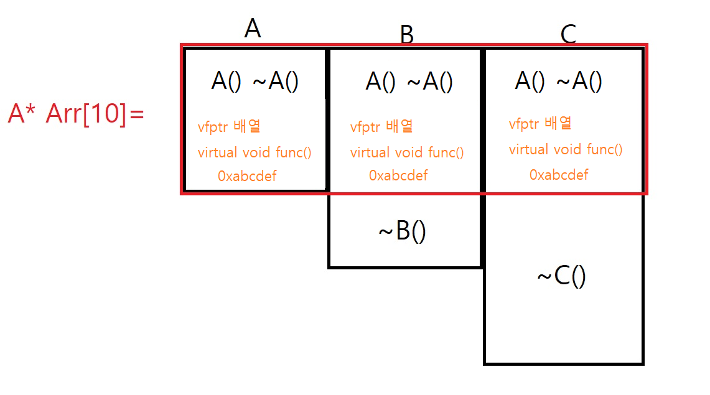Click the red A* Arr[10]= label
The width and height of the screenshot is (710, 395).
click(x=76, y=114)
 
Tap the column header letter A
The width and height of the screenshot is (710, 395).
click(x=252, y=29)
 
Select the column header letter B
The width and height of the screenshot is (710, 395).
click(x=406, y=35)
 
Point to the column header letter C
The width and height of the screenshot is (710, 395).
click(x=568, y=35)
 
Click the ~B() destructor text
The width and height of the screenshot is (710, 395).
click(x=402, y=232)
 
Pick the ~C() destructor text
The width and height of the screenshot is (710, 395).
click(x=561, y=276)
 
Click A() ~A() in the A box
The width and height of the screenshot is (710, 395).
click(x=255, y=81)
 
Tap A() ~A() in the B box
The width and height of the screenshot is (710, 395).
click(x=409, y=81)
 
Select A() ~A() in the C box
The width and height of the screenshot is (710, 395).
click(x=558, y=81)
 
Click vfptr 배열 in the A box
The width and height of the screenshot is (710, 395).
click(x=229, y=127)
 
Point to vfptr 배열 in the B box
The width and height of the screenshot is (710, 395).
click(x=381, y=127)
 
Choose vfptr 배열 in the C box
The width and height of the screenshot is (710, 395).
click(x=540, y=124)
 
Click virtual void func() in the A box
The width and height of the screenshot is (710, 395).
click(x=255, y=152)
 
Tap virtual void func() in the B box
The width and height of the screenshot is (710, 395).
click(x=407, y=152)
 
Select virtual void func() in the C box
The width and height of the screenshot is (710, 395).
click(x=566, y=149)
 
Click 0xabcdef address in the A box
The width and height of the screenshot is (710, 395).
click(x=247, y=176)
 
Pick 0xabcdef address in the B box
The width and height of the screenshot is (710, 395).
click(x=398, y=175)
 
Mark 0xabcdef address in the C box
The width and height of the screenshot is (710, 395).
click(x=559, y=175)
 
